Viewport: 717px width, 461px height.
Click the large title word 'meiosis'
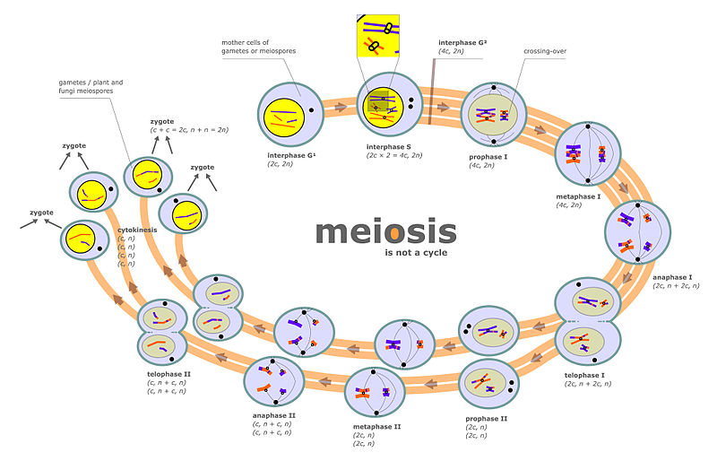(x=386, y=232)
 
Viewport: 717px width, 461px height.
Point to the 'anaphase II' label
(x=274, y=415)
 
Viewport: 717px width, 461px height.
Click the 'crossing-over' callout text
(x=544, y=51)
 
